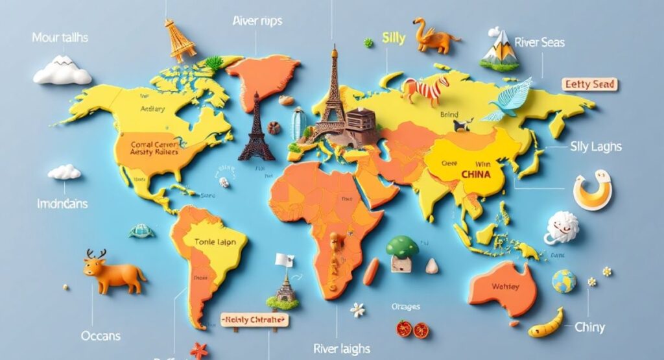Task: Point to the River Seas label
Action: coord(539,43)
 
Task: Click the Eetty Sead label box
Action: coord(589,84)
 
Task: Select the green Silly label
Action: coord(394,38)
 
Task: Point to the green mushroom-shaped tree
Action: coord(402,246)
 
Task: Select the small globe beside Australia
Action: coord(563,281)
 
